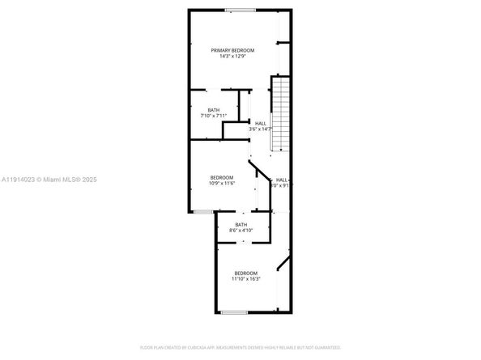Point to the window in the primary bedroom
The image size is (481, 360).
click(x=240, y=11)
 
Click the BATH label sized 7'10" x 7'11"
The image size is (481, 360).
click(x=213, y=110)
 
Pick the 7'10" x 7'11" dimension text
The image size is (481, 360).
click(x=213, y=116)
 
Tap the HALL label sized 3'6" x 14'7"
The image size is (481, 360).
click(x=260, y=123)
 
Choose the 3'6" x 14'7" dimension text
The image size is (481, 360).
click(x=260, y=129)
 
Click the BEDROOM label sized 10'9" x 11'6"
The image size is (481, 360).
click(x=222, y=177)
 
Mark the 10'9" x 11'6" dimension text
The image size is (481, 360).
click(x=222, y=184)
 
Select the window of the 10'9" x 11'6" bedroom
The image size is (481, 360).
click(x=202, y=211)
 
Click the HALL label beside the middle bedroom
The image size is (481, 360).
click(x=281, y=180)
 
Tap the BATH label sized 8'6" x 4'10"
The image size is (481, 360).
click(x=241, y=224)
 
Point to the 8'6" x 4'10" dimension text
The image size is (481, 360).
click(x=241, y=231)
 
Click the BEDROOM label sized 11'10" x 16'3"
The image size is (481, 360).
click(x=246, y=273)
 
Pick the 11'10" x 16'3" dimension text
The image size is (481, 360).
click(x=246, y=279)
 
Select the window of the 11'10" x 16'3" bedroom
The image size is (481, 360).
click(x=234, y=311)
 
